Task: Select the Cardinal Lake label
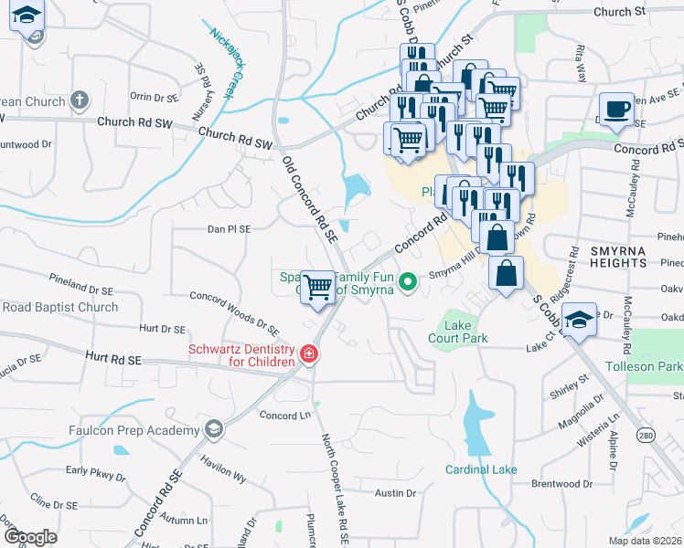[x=481, y=469]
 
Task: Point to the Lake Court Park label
[x=458, y=332]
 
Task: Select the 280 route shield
[x=646, y=433]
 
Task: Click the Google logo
[x=30, y=537]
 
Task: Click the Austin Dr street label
[x=395, y=492]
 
